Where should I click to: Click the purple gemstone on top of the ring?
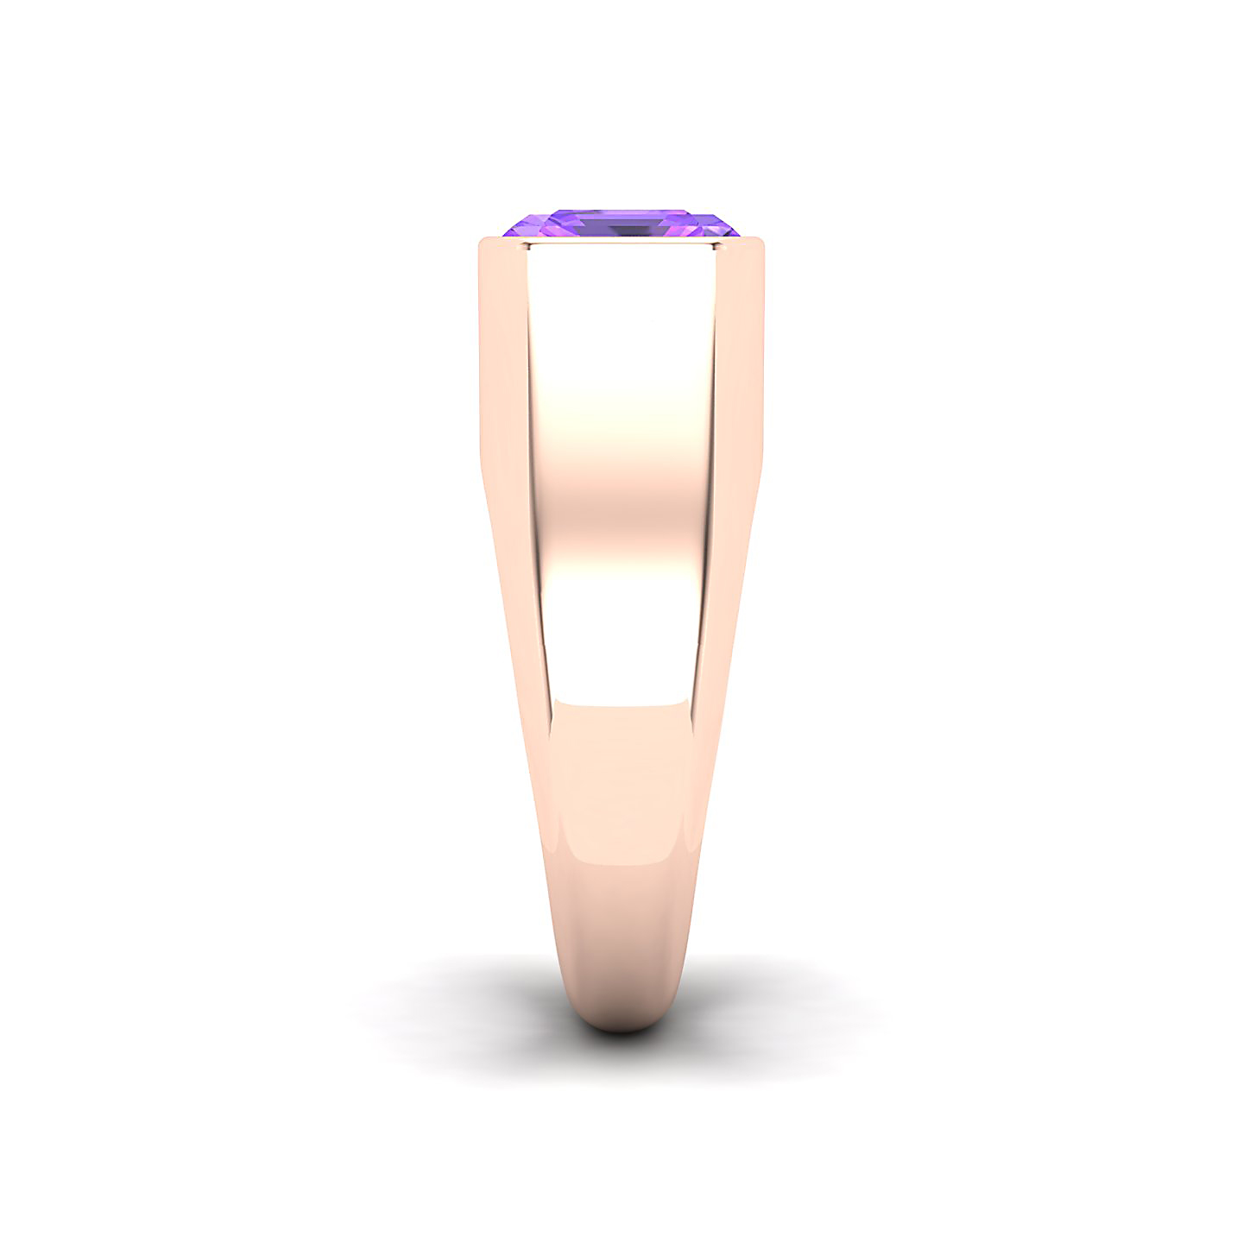(x=621, y=224)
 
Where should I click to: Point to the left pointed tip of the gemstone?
(x=506, y=233)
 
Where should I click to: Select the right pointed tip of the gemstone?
(x=739, y=232)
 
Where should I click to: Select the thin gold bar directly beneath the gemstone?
(x=621, y=241)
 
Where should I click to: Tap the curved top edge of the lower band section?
(x=621, y=705)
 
